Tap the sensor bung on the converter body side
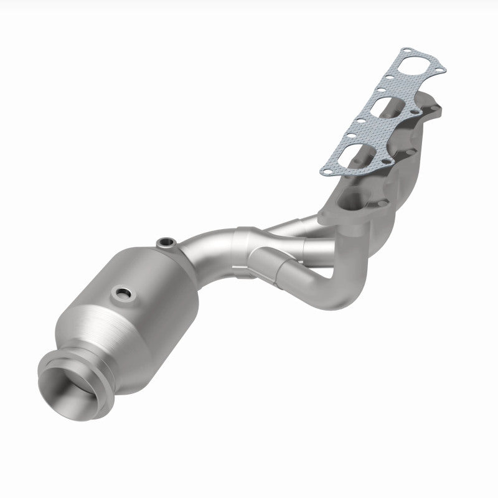[120, 291]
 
